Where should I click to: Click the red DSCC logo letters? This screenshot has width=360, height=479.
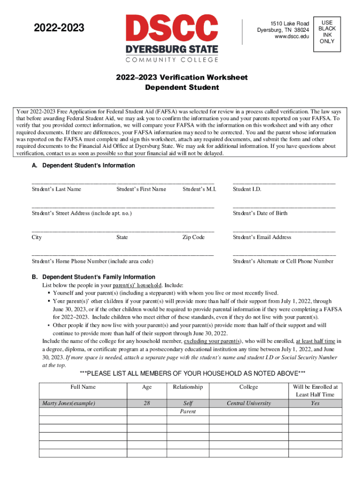172,28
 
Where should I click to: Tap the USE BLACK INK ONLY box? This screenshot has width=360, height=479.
327,31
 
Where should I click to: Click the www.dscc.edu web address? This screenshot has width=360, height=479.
292,37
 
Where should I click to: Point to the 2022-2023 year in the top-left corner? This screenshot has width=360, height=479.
59,29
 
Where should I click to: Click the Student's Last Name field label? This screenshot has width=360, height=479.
56,189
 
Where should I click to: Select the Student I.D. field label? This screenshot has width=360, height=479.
247,189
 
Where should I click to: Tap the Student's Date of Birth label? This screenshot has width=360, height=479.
260,213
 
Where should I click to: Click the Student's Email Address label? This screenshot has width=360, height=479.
262,237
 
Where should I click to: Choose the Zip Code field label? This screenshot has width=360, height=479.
194,237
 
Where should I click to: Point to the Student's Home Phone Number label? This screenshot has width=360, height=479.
92,261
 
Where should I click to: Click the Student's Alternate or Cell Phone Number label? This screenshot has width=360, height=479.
283,261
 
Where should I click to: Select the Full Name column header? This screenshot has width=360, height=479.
83,387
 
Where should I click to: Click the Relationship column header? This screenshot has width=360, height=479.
187,387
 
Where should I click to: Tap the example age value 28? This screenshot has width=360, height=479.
147,403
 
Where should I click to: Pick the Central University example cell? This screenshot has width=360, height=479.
249,403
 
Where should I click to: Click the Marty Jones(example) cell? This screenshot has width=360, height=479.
69,403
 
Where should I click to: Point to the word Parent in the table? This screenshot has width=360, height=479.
187,412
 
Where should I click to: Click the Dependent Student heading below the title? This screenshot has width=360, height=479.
182,87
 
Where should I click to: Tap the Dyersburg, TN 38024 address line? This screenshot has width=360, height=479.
283,30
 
